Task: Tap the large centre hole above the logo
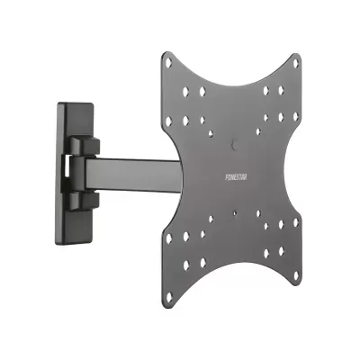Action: pyautogui.click(x=235, y=143)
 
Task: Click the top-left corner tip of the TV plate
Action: pyautogui.click(x=167, y=54)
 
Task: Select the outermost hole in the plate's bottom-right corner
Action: pyautogui.click(x=296, y=273)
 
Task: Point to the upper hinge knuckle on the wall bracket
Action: pyautogui.click(x=85, y=144)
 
